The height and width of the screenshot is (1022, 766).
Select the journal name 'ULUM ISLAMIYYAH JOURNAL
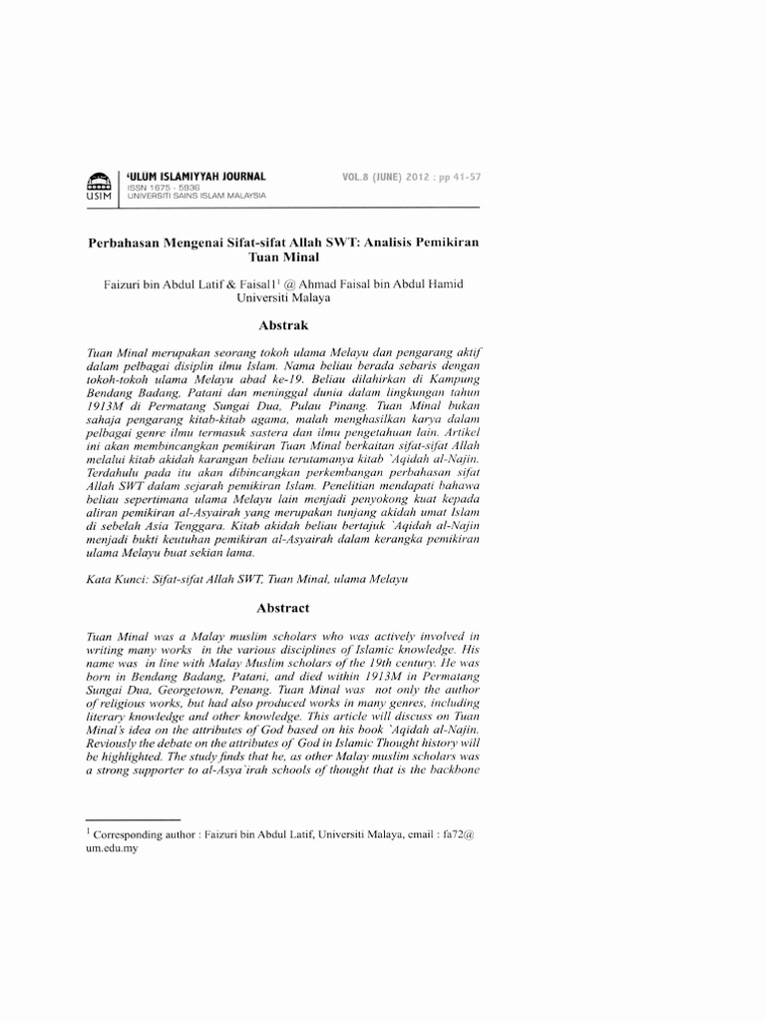point(195,176)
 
